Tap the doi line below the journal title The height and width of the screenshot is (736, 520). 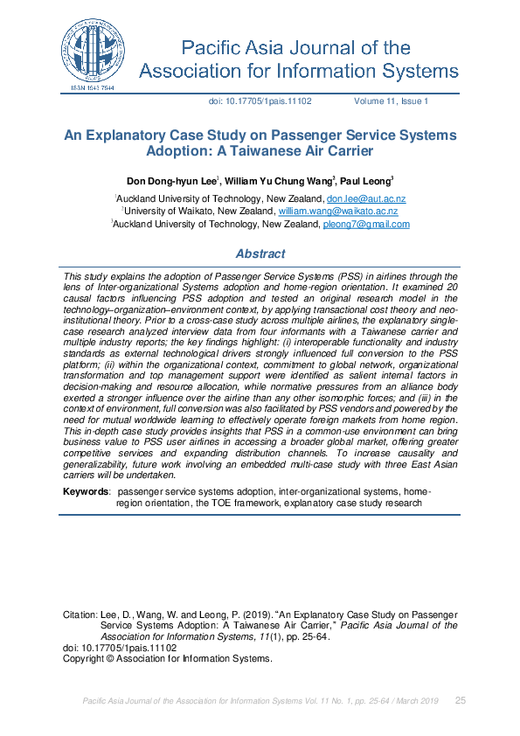point(260,101)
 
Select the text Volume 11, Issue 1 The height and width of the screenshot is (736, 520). point(391,101)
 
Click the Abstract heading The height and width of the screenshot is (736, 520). point(260,254)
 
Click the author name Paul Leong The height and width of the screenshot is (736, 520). point(365,181)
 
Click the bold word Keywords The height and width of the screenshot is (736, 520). point(86,492)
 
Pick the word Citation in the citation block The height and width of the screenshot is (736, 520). point(80,614)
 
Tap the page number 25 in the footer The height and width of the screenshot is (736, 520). point(461,701)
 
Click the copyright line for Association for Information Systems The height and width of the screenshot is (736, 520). point(168,658)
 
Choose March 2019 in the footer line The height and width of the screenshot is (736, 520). point(419,701)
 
